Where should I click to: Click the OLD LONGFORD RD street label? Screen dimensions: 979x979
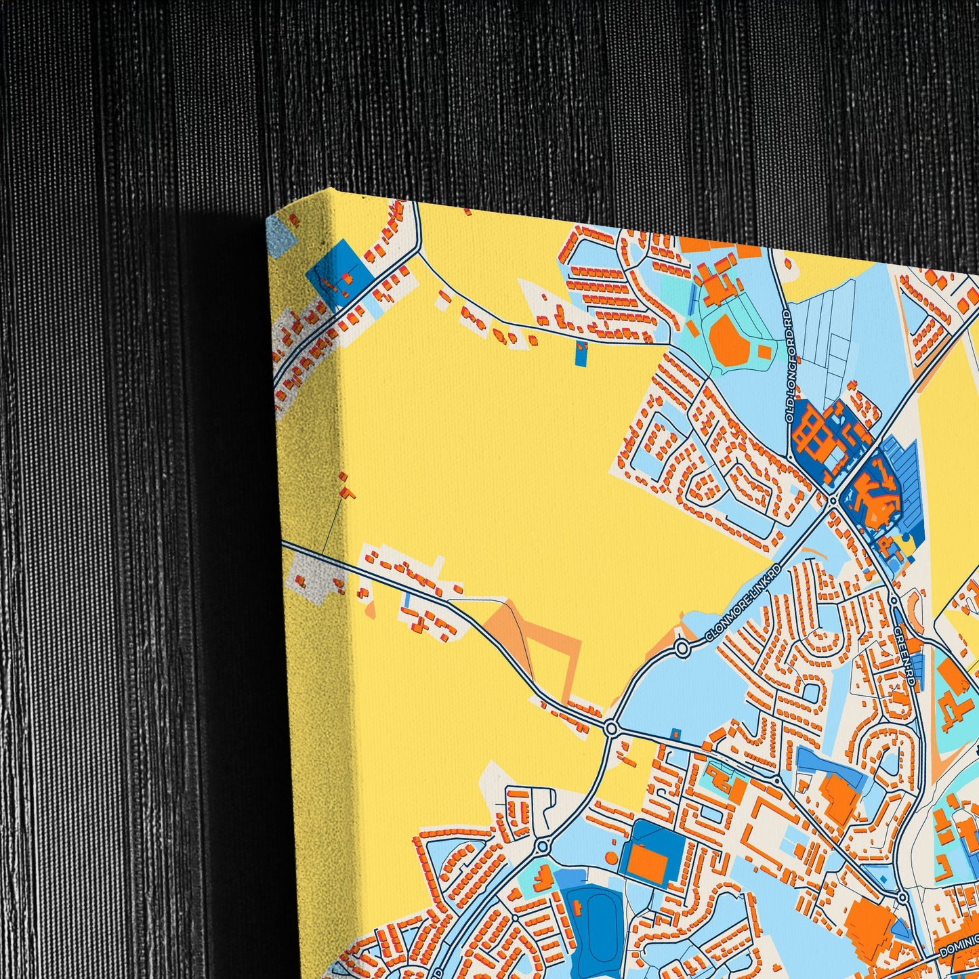tap(788, 367)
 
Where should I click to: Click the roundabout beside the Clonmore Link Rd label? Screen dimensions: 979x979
tap(682, 650)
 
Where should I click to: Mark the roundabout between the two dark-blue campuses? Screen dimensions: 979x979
tap(832, 500)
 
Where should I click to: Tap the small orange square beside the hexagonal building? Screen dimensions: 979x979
tap(764, 352)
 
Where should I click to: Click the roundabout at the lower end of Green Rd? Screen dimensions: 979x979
tap(902, 898)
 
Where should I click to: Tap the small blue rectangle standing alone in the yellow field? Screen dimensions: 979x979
tap(581, 354)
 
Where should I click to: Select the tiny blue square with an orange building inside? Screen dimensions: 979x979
tap(675, 734)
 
